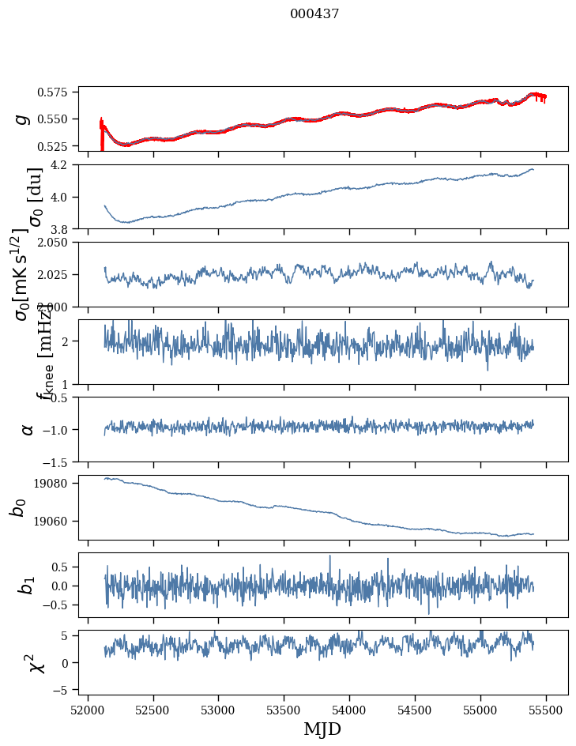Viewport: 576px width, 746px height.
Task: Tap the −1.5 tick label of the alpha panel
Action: click(x=61, y=462)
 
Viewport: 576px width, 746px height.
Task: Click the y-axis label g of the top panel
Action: click(x=21, y=119)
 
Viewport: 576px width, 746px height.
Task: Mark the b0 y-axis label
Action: click(x=17, y=507)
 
